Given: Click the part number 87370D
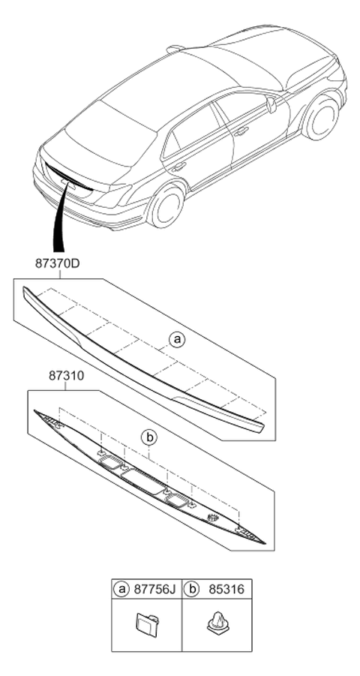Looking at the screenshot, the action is coord(57,263).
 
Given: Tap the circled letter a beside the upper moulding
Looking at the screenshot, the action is coord(176,340).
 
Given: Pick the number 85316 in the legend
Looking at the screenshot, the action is coord(226,589).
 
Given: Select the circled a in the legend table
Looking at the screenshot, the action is coord(121,589).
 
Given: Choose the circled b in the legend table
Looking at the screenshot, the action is coord(191,589).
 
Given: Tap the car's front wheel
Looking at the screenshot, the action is coord(322,118).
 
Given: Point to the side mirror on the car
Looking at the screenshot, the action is coord(271,105).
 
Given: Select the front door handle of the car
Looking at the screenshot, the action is coord(241,131).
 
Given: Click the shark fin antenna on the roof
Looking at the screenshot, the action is coord(176,49).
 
